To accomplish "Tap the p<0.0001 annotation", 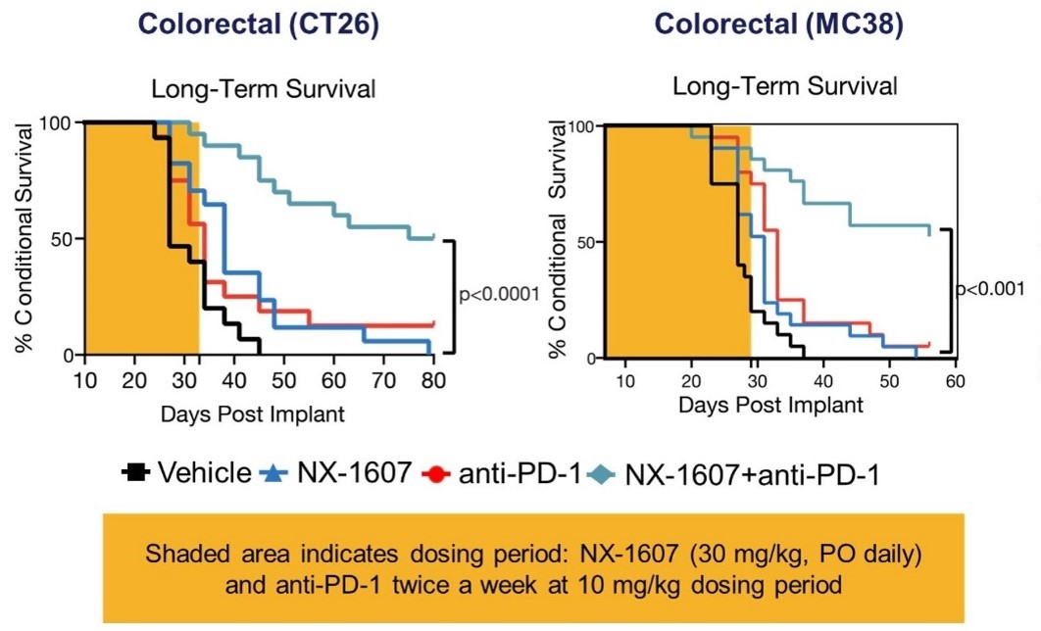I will pos(500,293).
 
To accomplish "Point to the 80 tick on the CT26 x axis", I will pos(433,381).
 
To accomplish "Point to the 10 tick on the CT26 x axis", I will pos(84,381).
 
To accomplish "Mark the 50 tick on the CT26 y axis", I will pos(61,239).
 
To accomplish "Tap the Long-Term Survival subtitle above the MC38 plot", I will pos(784,87).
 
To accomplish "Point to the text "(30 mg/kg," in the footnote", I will pos(748,554).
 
